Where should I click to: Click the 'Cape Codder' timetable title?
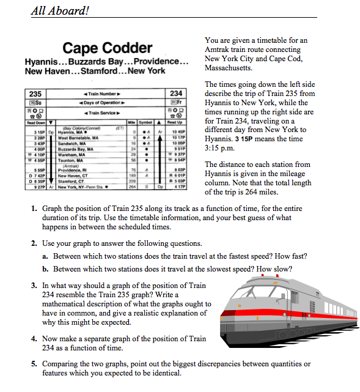click(108, 48)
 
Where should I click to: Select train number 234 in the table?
click(177, 94)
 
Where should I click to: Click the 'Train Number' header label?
click(101, 94)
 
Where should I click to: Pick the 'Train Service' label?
click(101, 113)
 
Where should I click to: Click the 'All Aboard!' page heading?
click(60, 10)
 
